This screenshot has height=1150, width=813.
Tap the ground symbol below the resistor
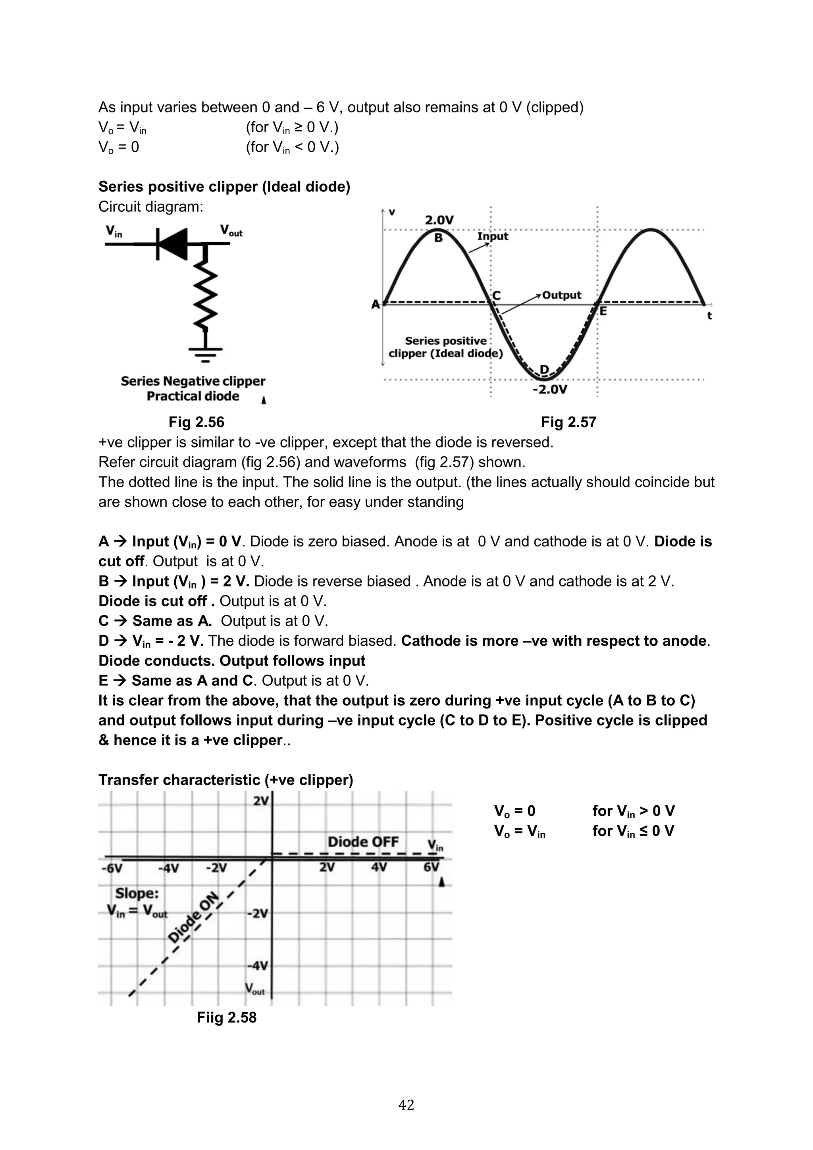(x=205, y=354)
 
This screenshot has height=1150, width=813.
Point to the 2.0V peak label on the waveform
(x=439, y=220)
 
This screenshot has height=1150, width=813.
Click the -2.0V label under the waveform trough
(x=550, y=390)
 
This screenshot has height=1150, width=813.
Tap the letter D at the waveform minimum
(x=544, y=370)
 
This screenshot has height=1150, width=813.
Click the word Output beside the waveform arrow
(x=561, y=295)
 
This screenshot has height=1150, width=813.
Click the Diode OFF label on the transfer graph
(x=363, y=841)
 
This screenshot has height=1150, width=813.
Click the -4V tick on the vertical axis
(x=258, y=965)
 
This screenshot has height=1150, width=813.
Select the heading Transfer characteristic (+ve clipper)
(x=226, y=780)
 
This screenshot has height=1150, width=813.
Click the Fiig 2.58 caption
(x=226, y=1017)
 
